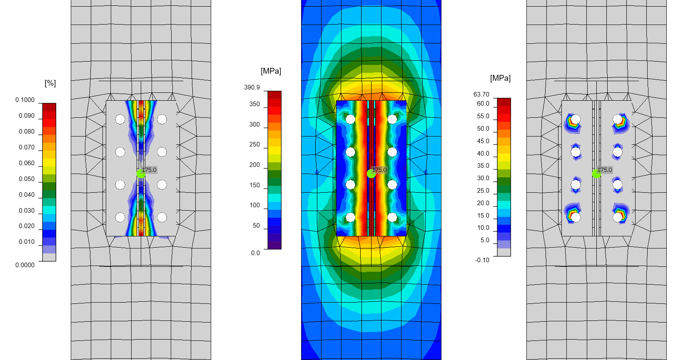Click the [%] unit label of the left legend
click(x=50, y=83)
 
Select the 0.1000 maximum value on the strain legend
click(x=25, y=100)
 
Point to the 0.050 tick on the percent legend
click(x=27, y=179)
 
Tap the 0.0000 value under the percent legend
click(x=25, y=265)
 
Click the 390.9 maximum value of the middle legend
click(x=252, y=87)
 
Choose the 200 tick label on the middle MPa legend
click(x=254, y=165)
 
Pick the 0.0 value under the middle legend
click(x=255, y=253)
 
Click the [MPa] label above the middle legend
click(x=271, y=71)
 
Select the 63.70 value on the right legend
click(x=481, y=94)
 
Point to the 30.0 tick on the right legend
click(x=483, y=178)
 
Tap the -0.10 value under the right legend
click(x=482, y=260)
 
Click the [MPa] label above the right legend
click(x=500, y=78)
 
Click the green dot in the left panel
click(x=141, y=174)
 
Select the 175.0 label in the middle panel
click(x=379, y=170)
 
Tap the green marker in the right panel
click(x=596, y=174)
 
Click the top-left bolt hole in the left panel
click(x=120, y=119)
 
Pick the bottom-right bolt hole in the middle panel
click(x=392, y=217)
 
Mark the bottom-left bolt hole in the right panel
click(x=576, y=217)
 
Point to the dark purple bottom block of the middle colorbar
click(x=274, y=245)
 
